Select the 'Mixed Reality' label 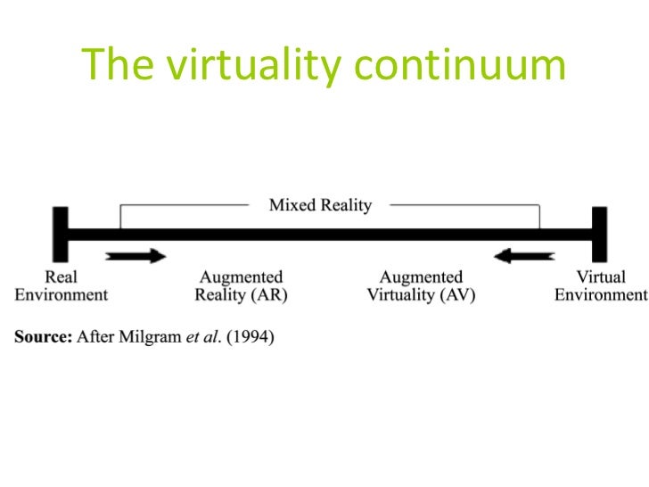pyautogui.click(x=321, y=206)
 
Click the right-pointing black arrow pyautogui.click(x=136, y=257)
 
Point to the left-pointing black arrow pyautogui.click(x=524, y=257)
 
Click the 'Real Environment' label pyautogui.click(x=60, y=285)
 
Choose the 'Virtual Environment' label pyautogui.click(x=600, y=285)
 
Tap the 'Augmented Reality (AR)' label pyautogui.click(x=241, y=285)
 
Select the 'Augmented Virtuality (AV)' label pyautogui.click(x=421, y=285)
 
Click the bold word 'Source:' pyautogui.click(x=42, y=337)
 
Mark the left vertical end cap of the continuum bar pyautogui.click(x=61, y=234)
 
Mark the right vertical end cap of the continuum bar pyautogui.click(x=599, y=234)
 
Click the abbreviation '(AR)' pyautogui.click(x=269, y=294)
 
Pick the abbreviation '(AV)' pyautogui.click(x=456, y=294)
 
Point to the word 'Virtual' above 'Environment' pyautogui.click(x=600, y=277)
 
